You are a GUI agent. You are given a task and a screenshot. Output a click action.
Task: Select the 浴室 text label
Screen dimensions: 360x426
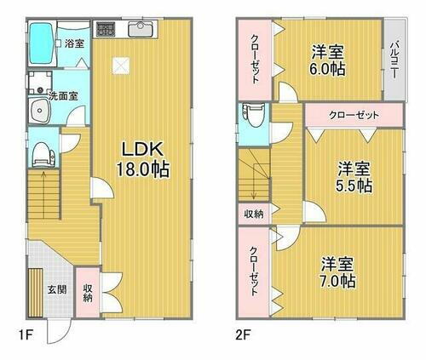[x=74, y=43]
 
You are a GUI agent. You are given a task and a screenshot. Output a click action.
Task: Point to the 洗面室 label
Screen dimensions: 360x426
[x=63, y=95]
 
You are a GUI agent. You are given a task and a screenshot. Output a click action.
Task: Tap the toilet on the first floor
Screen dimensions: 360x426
[x=40, y=153]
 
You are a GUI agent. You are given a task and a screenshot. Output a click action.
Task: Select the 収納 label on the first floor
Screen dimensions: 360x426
[x=88, y=293]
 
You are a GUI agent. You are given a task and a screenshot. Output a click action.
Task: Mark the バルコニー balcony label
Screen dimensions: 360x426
[x=394, y=60]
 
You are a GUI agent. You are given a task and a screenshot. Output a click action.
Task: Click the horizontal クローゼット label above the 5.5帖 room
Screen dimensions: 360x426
[x=353, y=114]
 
